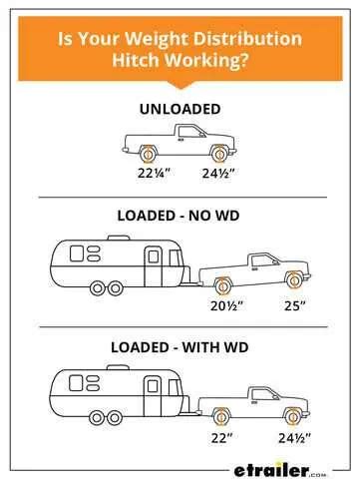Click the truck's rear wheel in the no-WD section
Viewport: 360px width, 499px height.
223,281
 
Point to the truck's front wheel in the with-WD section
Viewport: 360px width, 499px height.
293,412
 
